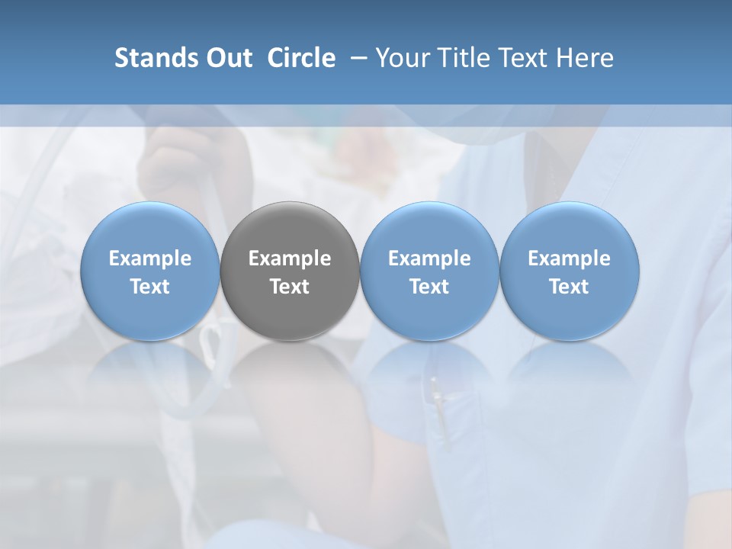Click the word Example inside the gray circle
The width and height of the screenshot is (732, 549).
pyautogui.click(x=290, y=258)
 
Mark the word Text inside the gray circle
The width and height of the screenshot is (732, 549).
pyautogui.click(x=290, y=287)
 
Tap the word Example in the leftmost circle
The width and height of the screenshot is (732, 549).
pyautogui.click(x=149, y=258)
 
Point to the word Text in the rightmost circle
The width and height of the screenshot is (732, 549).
pyautogui.click(x=570, y=287)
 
